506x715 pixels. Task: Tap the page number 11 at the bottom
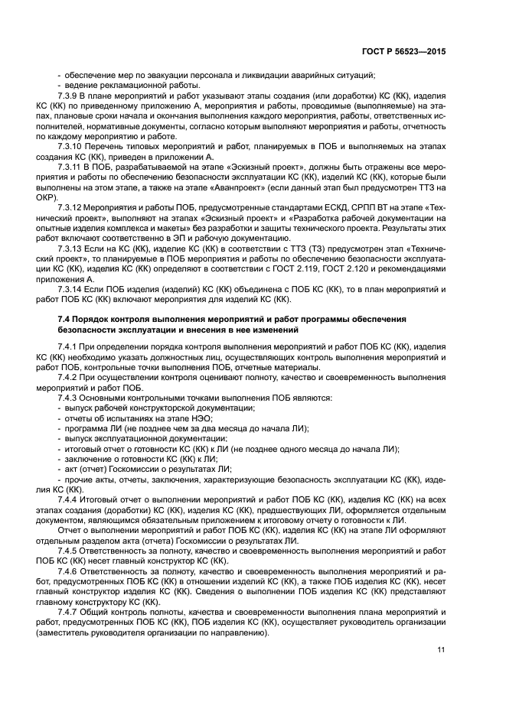point(442,649)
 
